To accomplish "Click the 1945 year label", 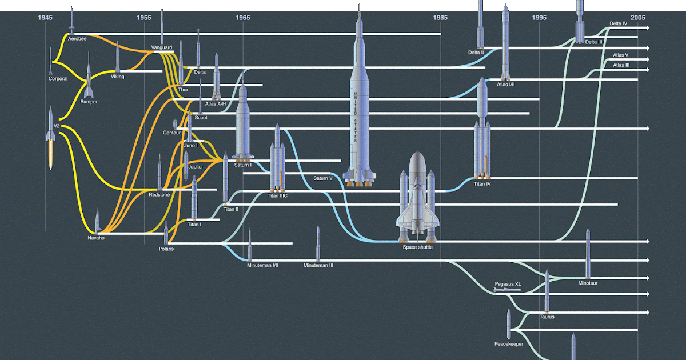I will (46, 18).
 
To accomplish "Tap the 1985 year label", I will (440, 18).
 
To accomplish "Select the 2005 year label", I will (637, 18).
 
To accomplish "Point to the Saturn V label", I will (323, 178).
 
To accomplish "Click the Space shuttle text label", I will (417, 247).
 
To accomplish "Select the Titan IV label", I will (482, 184).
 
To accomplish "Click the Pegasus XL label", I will (508, 283).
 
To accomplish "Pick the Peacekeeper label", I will (509, 344).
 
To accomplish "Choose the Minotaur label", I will (588, 283).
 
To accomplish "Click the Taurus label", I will (547, 317).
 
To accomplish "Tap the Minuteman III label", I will (318, 265).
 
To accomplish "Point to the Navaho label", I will (96, 238).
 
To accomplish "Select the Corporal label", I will (58, 79).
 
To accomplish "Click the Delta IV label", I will (618, 24).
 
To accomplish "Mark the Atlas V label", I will (620, 55).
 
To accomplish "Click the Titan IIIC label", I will (277, 195).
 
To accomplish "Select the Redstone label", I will (159, 195).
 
